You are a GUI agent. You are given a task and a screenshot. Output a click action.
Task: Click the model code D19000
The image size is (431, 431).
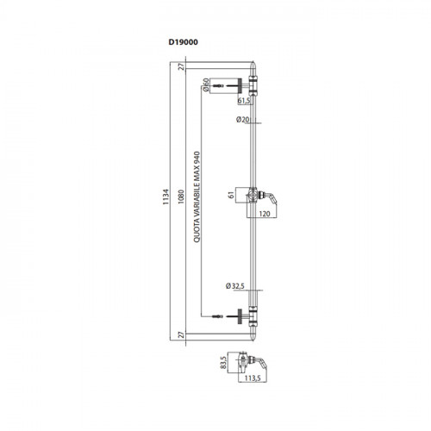[x=183, y=42]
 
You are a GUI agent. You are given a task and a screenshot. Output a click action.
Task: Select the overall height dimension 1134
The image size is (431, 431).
[x=166, y=197]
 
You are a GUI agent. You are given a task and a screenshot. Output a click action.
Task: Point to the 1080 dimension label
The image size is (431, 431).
[x=181, y=197]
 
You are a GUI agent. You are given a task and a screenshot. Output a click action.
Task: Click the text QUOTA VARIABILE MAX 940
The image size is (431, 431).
[x=197, y=197]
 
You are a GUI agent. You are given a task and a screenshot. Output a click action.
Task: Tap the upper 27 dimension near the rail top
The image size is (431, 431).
[x=181, y=67]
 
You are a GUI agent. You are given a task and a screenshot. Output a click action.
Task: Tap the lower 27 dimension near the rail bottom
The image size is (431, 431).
[x=181, y=334]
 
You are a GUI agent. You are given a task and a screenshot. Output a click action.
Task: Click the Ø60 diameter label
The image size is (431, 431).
[x=206, y=84]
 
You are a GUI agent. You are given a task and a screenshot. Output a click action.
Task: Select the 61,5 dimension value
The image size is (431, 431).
[x=244, y=101]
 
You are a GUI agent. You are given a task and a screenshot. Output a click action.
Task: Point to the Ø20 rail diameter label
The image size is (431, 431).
[x=243, y=120]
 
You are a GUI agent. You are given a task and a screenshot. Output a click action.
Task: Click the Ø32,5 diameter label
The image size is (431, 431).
[x=235, y=286]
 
